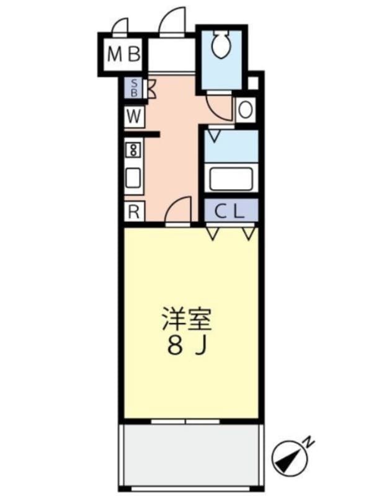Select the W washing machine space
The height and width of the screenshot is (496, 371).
click(x=134, y=116)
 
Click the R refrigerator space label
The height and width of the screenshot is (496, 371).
click(x=133, y=211)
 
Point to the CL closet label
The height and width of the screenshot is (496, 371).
click(x=230, y=211)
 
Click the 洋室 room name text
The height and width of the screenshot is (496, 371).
click(x=187, y=320)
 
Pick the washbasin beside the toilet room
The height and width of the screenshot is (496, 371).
click(x=245, y=110)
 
